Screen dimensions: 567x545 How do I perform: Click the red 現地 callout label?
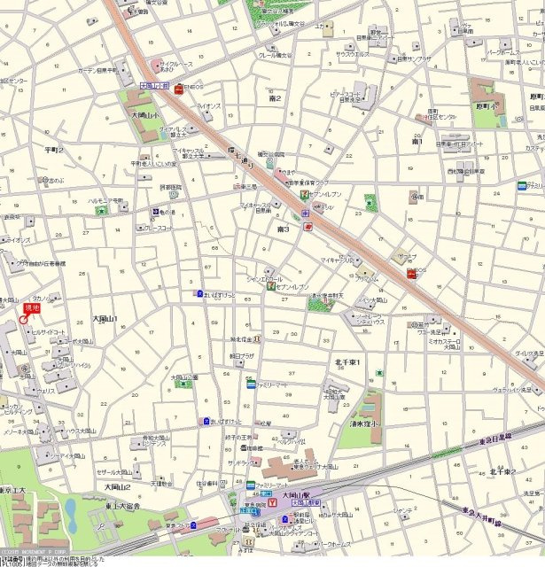pos(32,307)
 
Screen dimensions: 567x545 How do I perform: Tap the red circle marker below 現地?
pos(24,319)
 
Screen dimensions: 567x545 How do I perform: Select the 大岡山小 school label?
pos(144,115)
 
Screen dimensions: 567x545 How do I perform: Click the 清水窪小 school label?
pos(362,424)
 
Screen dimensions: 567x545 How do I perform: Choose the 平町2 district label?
pos(55,151)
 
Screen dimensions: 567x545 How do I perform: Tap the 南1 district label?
pos(417,141)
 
